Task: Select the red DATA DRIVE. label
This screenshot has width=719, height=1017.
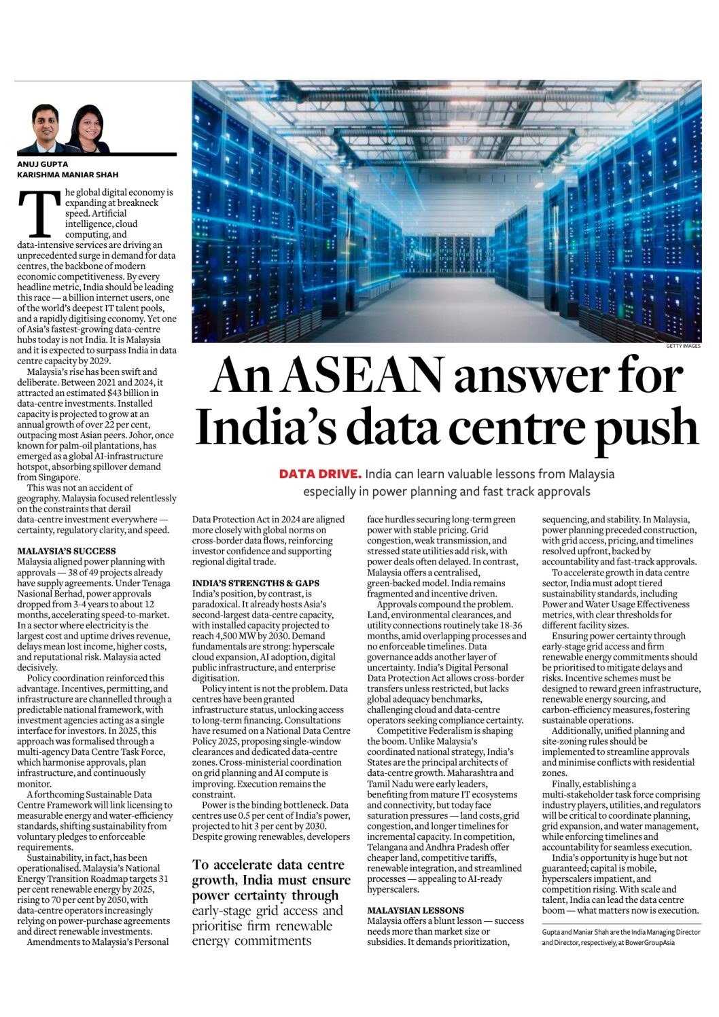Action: click(x=320, y=474)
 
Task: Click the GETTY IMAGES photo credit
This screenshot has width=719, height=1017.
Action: click(x=683, y=346)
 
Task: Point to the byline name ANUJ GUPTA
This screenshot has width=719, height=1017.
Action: click(x=41, y=164)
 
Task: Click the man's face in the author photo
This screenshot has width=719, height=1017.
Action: click(x=46, y=122)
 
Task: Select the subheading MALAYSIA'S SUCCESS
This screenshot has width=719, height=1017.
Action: click(x=67, y=551)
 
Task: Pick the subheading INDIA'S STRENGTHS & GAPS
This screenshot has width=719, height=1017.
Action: click(x=256, y=583)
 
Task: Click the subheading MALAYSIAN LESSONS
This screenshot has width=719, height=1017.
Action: click(x=416, y=910)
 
